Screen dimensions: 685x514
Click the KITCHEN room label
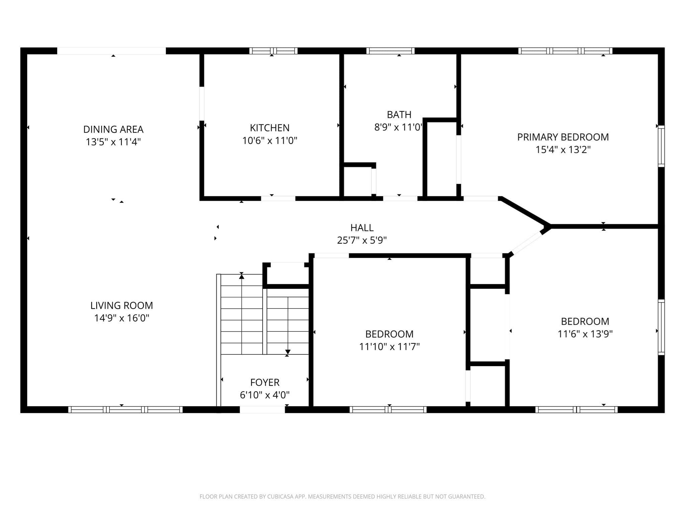click(x=270, y=128)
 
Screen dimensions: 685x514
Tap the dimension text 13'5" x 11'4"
click(x=113, y=142)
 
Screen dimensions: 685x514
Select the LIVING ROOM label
click(x=122, y=305)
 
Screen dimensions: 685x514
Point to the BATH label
click(x=399, y=115)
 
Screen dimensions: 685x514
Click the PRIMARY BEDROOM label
click(x=563, y=137)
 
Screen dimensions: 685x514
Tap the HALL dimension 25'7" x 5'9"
click(x=362, y=240)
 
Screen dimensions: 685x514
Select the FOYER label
click(x=265, y=382)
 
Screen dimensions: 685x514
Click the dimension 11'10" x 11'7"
click(x=389, y=347)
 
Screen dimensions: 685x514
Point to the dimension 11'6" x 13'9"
click(x=585, y=334)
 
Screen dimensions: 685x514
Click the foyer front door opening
click(x=262, y=409)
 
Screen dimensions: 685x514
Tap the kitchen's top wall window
click(x=273, y=51)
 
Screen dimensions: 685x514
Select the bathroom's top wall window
click(x=390, y=51)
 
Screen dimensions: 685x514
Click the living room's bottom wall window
click(x=125, y=409)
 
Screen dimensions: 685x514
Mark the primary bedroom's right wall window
click(x=661, y=146)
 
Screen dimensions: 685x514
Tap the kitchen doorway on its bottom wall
click(x=278, y=198)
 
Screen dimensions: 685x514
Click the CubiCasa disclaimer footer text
click(x=342, y=497)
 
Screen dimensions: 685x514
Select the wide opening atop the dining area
click(x=111, y=51)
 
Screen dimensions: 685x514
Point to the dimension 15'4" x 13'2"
click(x=563, y=150)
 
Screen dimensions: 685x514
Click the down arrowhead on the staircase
click(x=288, y=352)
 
